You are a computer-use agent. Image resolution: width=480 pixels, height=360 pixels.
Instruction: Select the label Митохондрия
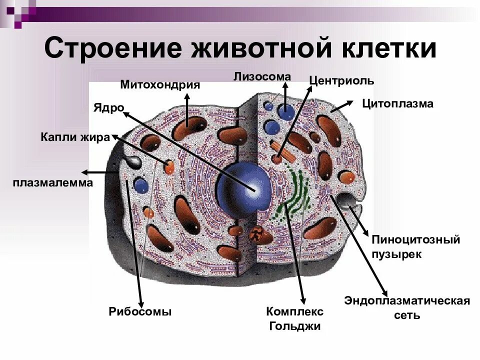point(160,85)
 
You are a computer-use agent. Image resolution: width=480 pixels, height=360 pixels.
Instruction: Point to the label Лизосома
point(262,76)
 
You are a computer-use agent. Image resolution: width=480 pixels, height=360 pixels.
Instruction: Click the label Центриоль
point(341,81)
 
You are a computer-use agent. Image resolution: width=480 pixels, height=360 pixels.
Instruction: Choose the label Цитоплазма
point(397,104)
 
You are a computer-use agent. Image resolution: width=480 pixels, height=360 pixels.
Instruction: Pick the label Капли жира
point(75,137)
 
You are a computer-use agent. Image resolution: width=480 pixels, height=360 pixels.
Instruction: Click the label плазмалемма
point(53,183)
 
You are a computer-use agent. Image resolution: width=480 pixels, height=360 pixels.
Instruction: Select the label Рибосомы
point(140,312)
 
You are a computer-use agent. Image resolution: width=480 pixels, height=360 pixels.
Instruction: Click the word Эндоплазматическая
point(407,301)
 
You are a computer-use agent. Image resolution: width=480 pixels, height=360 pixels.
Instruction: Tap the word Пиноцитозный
point(415,239)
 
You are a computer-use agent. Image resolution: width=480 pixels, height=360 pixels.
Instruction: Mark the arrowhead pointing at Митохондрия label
point(187,96)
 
